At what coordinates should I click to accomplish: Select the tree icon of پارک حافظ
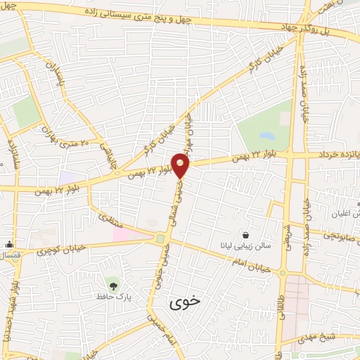tap(111, 285)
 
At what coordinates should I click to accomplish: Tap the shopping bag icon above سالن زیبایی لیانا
tap(245, 234)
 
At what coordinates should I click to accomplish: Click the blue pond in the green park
tap(267, 135)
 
